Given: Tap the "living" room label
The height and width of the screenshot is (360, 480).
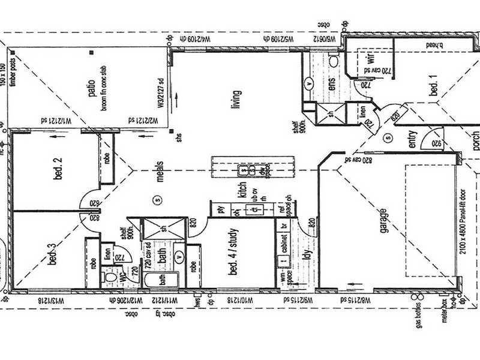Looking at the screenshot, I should [x=236, y=97].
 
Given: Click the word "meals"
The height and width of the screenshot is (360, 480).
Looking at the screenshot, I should [x=160, y=170].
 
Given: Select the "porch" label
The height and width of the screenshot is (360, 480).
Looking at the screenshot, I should [x=475, y=140].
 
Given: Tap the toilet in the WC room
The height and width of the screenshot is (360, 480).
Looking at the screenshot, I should [x=109, y=279].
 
